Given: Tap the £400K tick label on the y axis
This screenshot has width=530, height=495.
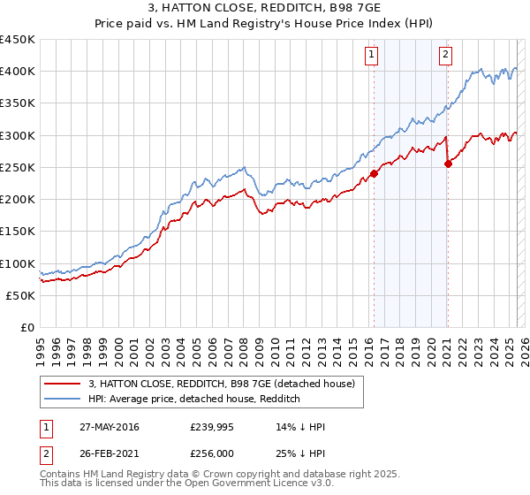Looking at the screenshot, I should point(18,72).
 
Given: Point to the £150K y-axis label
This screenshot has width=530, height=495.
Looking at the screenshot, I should point(18,231).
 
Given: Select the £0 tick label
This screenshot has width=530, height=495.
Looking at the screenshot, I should point(26,327).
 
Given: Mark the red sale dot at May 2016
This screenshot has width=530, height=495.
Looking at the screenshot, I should point(374,173).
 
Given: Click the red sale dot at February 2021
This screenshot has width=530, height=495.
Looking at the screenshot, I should point(448,164).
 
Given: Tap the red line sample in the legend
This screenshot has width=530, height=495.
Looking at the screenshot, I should point(63,384).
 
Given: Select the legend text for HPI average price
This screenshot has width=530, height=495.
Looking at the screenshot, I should point(194,399).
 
